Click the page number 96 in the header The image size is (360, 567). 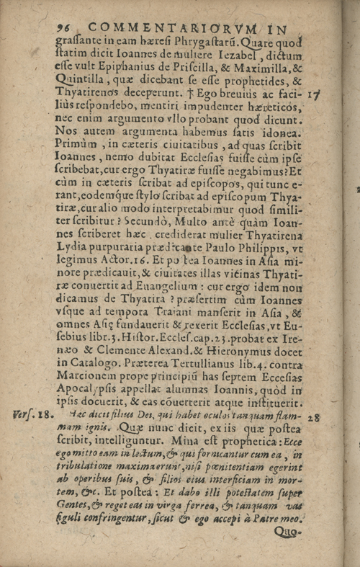pos(64,27)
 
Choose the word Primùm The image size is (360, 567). pos(75,147)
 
